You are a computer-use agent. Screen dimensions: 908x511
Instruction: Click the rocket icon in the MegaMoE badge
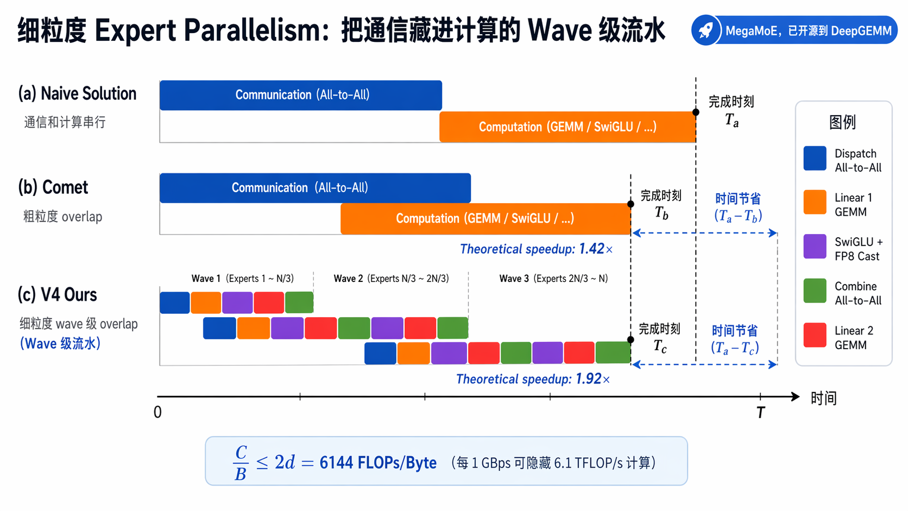point(706,31)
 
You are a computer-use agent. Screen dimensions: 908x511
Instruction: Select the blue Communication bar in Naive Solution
point(301,95)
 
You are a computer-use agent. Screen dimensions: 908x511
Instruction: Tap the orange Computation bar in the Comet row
point(485,219)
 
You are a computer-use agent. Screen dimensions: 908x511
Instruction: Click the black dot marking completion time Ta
point(696,112)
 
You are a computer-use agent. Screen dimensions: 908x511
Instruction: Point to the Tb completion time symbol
point(661,213)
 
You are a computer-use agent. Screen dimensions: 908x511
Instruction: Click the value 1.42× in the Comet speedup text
point(596,249)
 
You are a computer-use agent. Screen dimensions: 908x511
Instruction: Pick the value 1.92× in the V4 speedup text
point(592,379)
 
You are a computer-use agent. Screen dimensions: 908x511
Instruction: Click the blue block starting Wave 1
point(175,302)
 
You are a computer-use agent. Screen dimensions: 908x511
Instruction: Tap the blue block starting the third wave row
point(380,353)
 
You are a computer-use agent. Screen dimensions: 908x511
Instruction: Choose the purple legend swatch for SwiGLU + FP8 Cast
point(815,247)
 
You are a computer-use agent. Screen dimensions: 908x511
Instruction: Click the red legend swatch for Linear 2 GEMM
point(815,335)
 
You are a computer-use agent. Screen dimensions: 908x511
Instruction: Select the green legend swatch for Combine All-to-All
point(815,291)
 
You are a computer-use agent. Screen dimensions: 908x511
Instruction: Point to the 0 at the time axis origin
point(157,412)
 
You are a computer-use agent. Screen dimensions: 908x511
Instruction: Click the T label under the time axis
point(760,413)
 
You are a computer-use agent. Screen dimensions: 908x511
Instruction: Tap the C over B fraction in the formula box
point(241,463)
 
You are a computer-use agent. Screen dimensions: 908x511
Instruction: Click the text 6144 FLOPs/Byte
point(378,462)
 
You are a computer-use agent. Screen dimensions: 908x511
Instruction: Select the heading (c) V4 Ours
point(57,295)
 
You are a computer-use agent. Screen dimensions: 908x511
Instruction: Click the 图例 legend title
point(842,122)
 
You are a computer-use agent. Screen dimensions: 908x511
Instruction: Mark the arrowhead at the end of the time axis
point(795,396)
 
